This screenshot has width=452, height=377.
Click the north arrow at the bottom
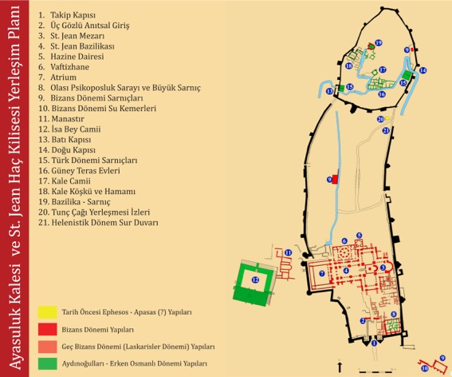pyautogui.click(x=340, y=366)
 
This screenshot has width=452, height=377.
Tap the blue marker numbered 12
pyautogui.click(x=255, y=280)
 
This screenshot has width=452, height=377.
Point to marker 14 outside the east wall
pyautogui.click(x=423, y=71)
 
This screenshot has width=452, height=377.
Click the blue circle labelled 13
pyautogui.click(x=329, y=92)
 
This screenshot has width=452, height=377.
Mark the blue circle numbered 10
pyautogui.click(x=426, y=368)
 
